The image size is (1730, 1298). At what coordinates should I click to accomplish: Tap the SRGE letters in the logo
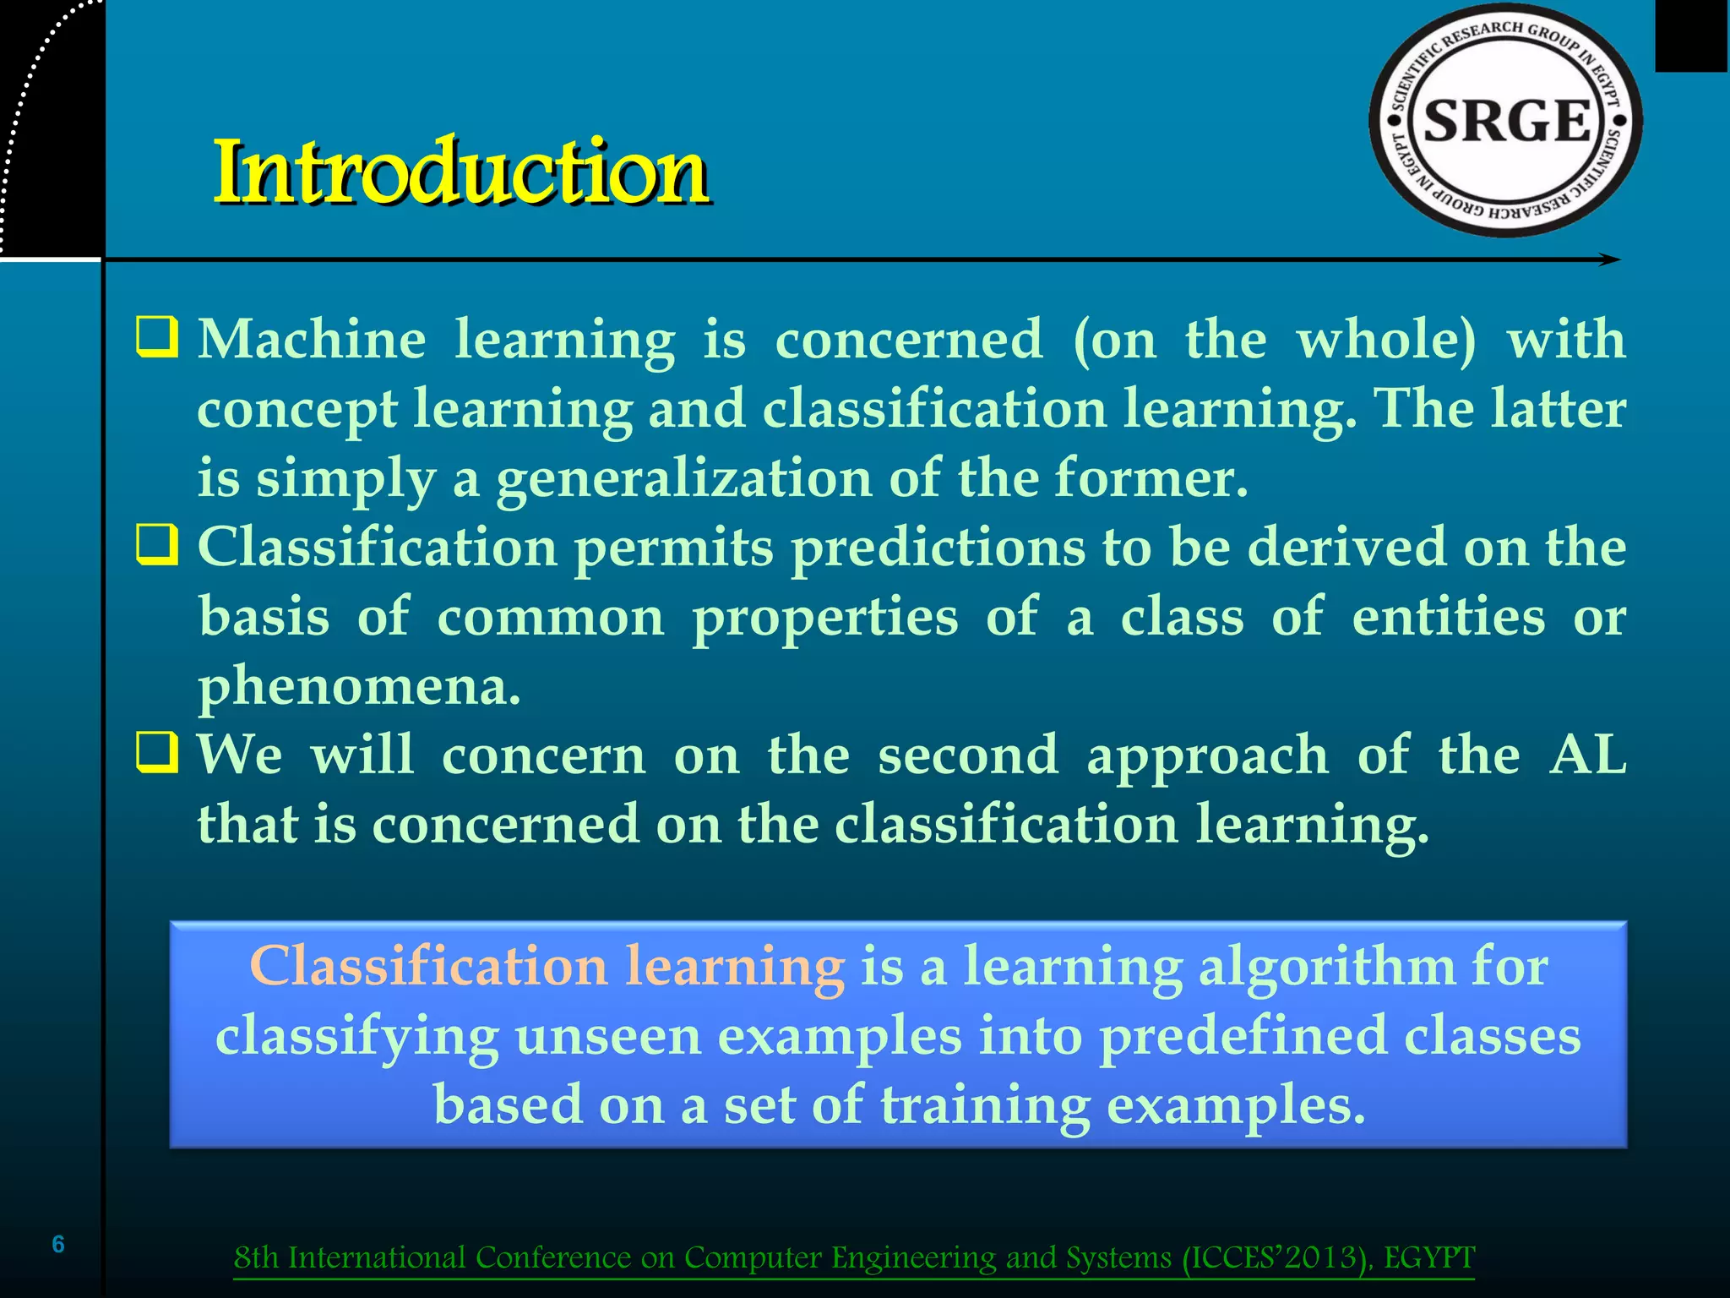(1507, 120)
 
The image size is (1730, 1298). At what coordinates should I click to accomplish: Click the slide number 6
(58, 1244)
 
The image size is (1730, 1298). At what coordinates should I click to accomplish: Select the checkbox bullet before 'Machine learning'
(157, 338)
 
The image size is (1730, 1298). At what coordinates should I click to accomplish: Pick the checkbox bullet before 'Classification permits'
(157, 546)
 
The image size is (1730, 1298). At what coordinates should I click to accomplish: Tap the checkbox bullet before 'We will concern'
(157, 754)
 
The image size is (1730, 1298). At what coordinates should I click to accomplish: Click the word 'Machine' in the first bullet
(312, 340)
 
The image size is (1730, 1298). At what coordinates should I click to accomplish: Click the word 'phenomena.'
(359, 686)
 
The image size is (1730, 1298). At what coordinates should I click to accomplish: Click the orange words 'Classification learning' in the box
(547, 966)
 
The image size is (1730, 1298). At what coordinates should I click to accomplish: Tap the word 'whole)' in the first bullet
(1387, 340)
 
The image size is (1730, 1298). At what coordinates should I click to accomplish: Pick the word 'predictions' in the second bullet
(938, 548)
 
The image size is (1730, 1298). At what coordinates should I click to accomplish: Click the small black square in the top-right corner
(1691, 35)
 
